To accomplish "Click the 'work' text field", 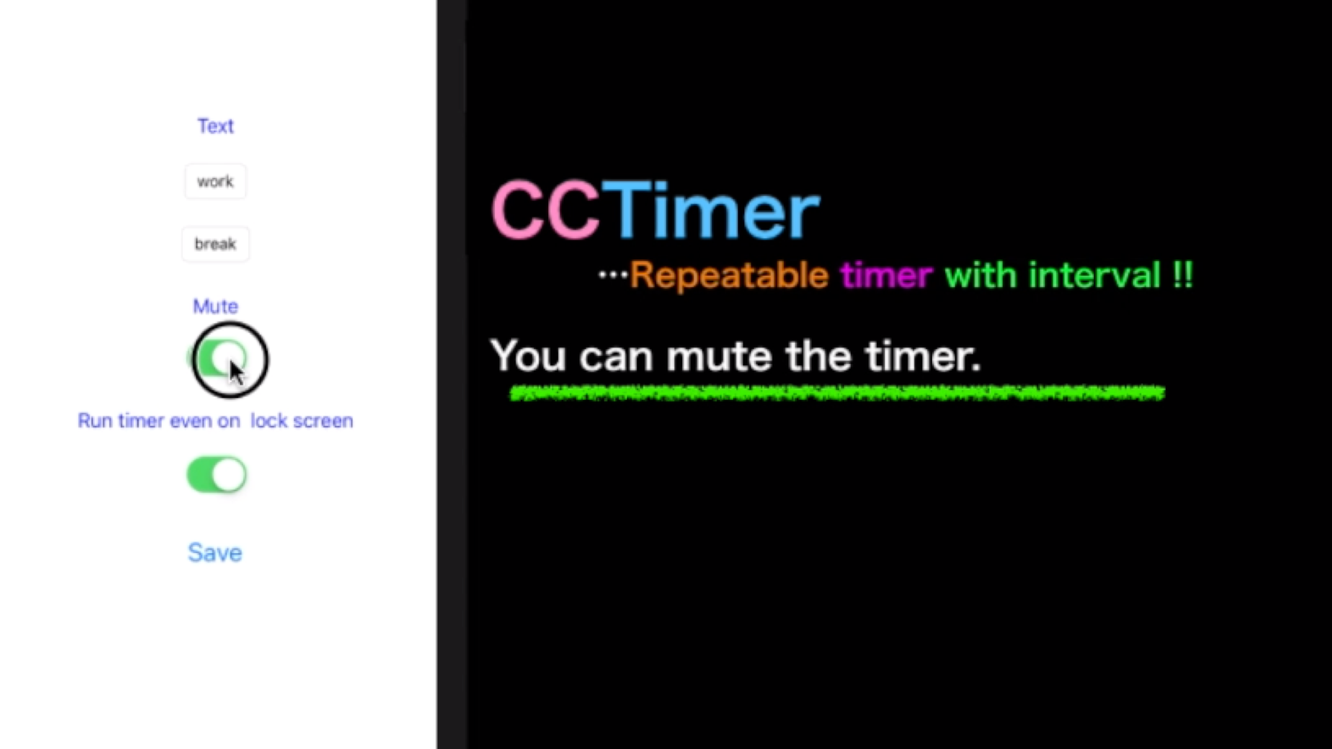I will point(215,182).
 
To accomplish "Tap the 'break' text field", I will point(215,244).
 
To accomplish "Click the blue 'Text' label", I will point(215,126).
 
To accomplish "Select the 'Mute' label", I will point(215,306).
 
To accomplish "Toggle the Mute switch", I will point(218,358).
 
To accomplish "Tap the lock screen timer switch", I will point(217,475).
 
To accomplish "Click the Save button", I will point(215,552).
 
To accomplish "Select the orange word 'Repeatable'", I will point(729,276).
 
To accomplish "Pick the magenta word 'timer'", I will point(886,276).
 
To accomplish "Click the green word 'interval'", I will point(1094,276).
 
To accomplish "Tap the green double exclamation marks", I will point(1183,276).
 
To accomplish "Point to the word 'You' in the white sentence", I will point(528,356).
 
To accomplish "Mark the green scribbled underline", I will point(837,394).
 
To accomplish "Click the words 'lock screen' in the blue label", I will point(302,421).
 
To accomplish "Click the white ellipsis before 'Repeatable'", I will point(613,276).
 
